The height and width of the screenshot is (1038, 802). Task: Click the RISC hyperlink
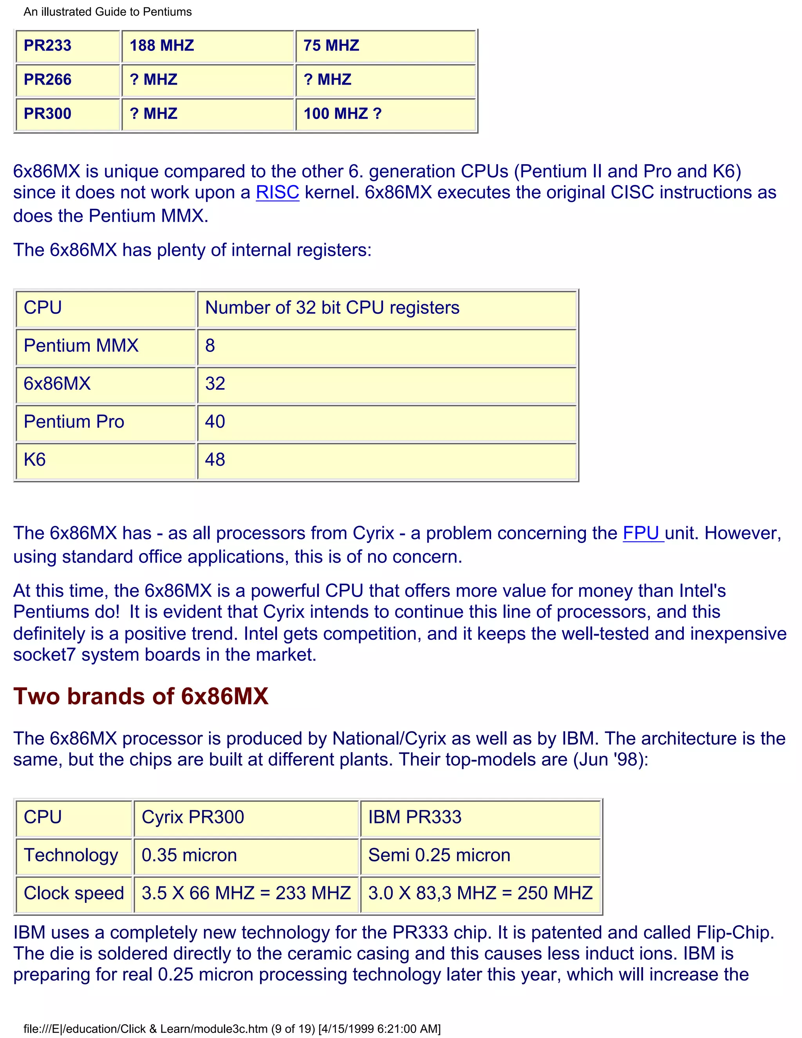(x=278, y=192)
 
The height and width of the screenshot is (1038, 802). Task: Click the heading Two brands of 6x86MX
(x=141, y=696)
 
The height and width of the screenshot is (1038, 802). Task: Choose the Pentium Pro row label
(x=74, y=421)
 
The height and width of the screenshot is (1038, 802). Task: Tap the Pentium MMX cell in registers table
(x=81, y=345)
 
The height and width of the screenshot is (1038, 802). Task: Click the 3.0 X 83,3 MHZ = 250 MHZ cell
(x=480, y=893)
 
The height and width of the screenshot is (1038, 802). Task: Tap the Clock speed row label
(x=74, y=893)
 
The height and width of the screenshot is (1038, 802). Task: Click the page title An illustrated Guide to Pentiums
(x=108, y=12)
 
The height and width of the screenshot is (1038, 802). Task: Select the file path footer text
(x=232, y=1029)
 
